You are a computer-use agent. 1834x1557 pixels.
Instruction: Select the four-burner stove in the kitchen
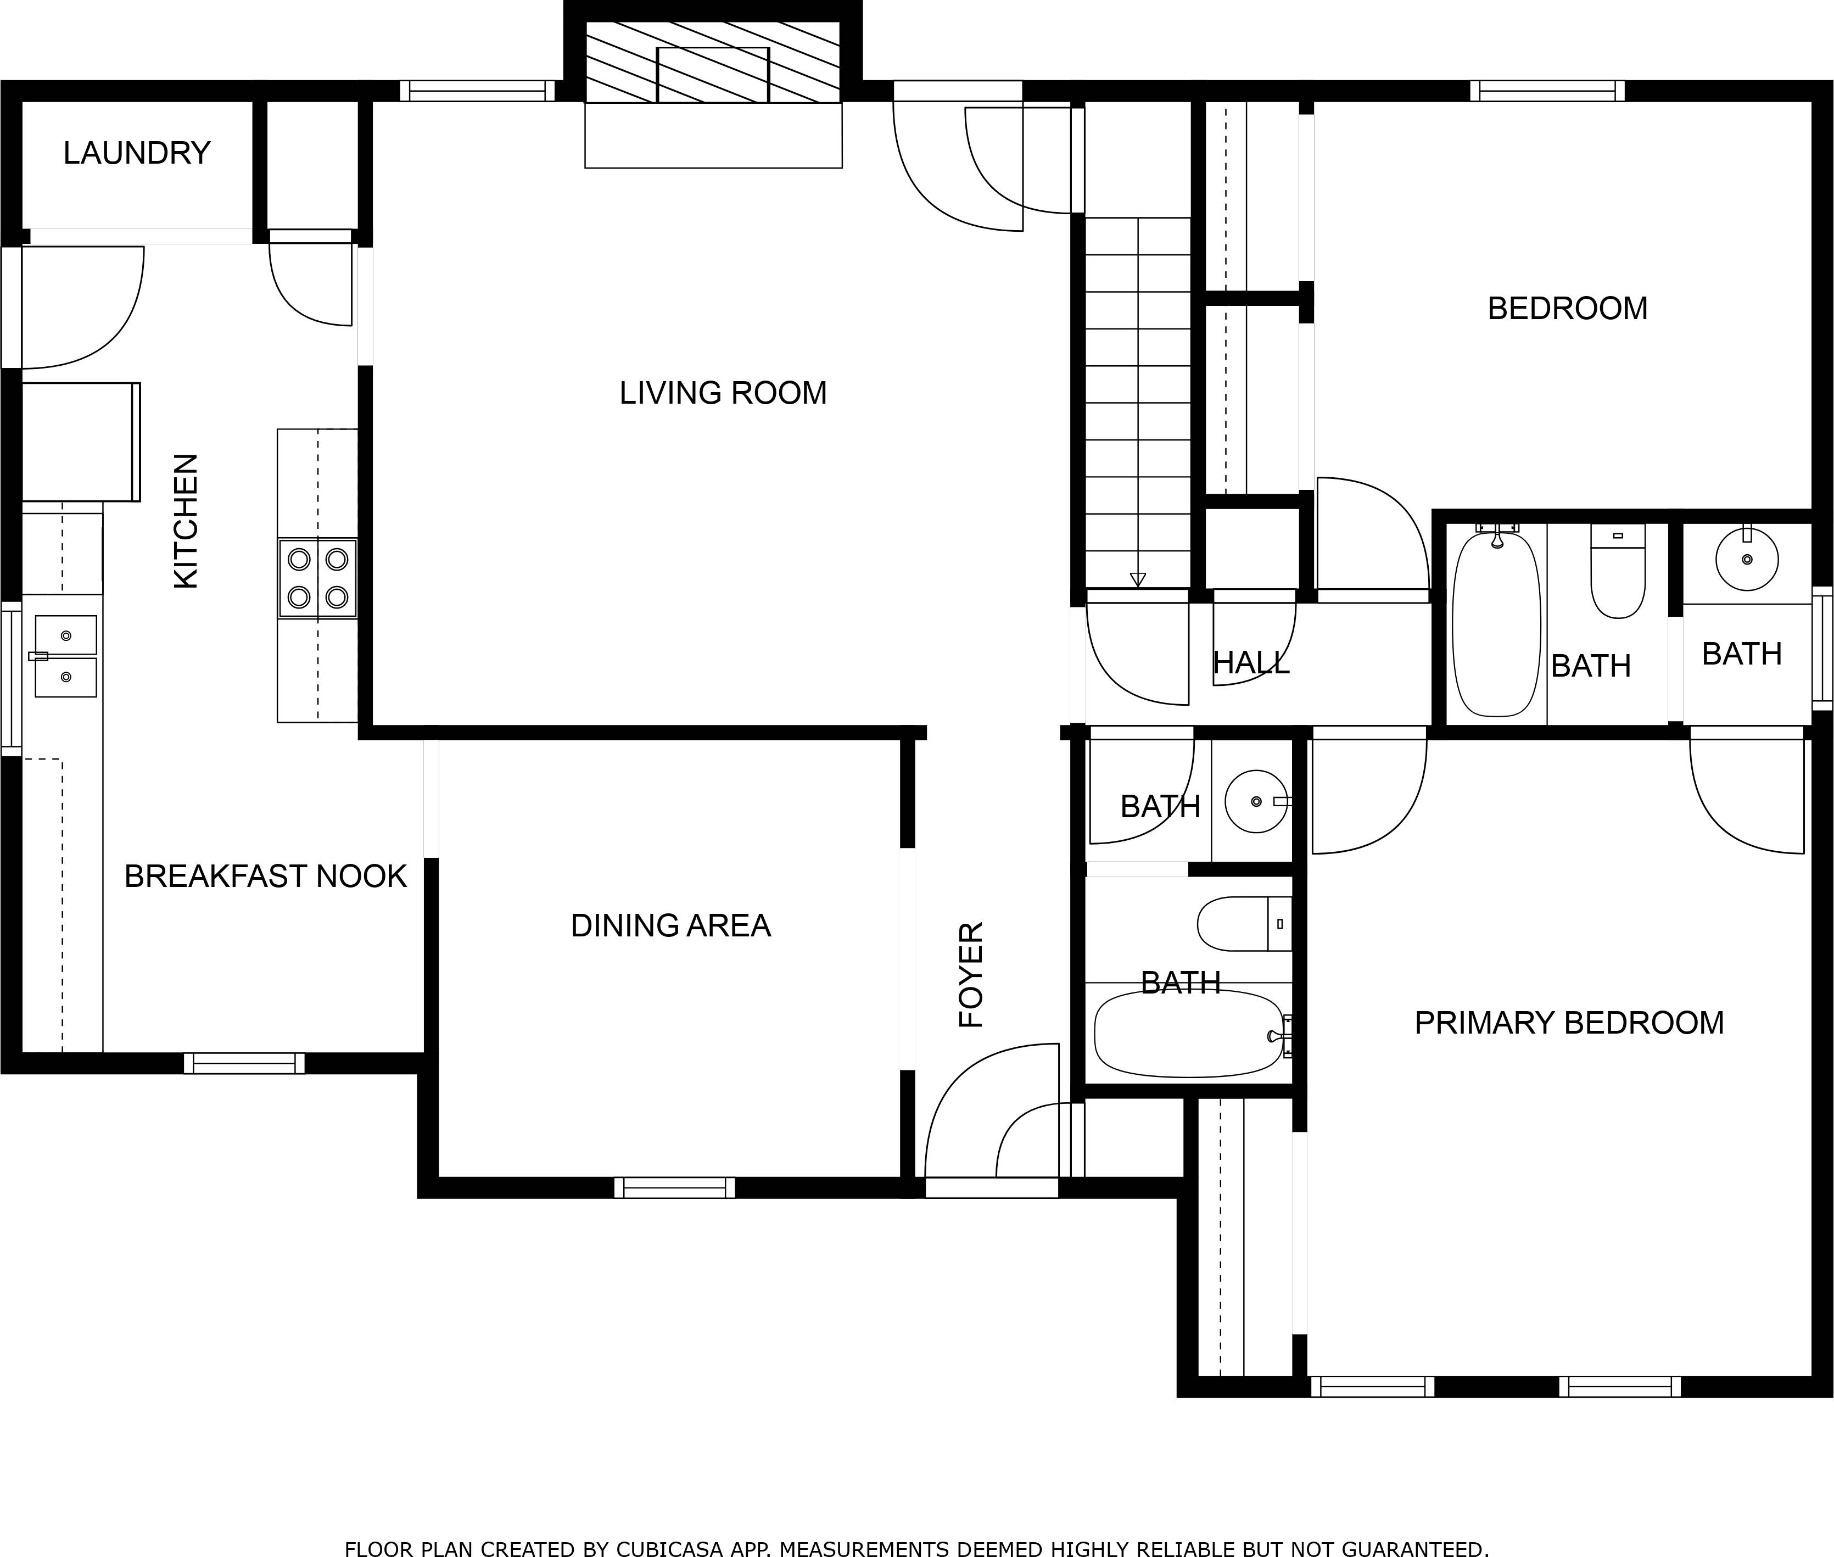[x=318, y=578]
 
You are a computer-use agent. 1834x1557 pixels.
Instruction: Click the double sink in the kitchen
[x=65, y=656]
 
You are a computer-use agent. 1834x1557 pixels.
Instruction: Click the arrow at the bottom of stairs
[x=1138, y=579]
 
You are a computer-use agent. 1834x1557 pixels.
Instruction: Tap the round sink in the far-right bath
[x=1747, y=559]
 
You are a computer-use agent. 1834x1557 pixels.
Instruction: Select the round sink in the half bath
[x=1256, y=801]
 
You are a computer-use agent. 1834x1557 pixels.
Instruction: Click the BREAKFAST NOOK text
[x=265, y=877]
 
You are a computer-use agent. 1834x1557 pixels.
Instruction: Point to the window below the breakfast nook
[x=244, y=1064]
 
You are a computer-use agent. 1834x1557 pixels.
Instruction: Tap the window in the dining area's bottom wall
[x=674, y=1187]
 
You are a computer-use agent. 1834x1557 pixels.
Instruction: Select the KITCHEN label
[x=186, y=521]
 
